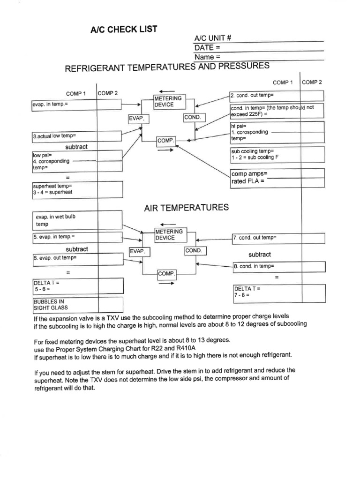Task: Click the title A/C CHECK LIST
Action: (x=124, y=31)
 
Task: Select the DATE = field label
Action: (x=207, y=48)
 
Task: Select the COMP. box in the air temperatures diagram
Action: (x=166, y=273)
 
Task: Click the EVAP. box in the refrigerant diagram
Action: (x=139, y=119)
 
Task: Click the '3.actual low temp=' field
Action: (x=77, y=136)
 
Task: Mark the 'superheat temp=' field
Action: (x=77, y=189)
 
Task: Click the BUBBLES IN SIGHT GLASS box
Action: (x=77, y=304)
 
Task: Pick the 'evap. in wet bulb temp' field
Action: (x=77, y=221)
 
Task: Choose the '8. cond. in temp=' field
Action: (x=278, y=267)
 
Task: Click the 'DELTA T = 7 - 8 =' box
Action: (x=278, y=293)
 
